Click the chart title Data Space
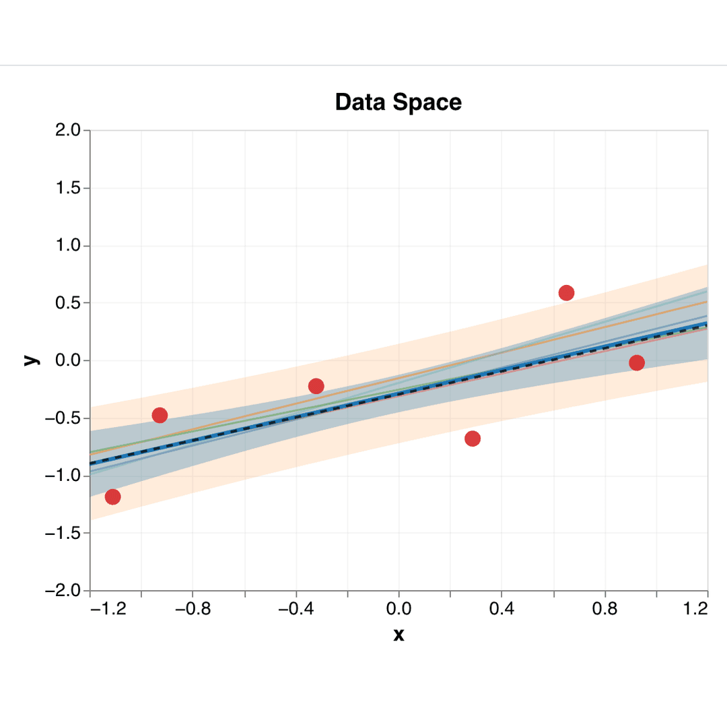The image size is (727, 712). [398, 102]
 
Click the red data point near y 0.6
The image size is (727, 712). [566, 292]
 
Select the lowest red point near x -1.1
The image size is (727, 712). [113, 497]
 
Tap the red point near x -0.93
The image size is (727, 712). [160, 415]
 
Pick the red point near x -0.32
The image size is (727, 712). [316, 386]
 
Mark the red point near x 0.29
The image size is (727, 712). [473, 439]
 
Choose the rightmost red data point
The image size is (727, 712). [637, 363]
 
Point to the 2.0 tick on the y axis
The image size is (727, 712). [68, 131]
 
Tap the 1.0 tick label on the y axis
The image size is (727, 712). [68, 246]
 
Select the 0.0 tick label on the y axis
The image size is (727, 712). [68, 360]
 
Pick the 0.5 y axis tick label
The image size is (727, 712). [68, 303]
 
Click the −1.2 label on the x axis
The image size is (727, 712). [108, 610]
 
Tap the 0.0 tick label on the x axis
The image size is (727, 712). [399, 610]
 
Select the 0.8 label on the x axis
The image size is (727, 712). [604, 610]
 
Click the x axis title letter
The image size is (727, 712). [399, 635]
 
